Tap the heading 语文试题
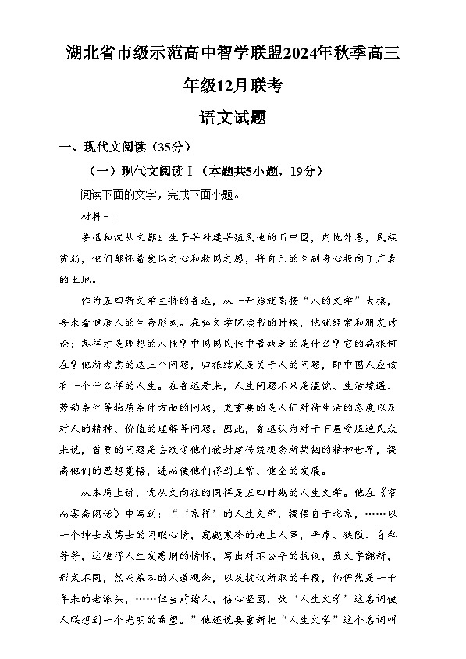[x=233, y=118]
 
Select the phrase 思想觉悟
[x=129, y=471]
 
